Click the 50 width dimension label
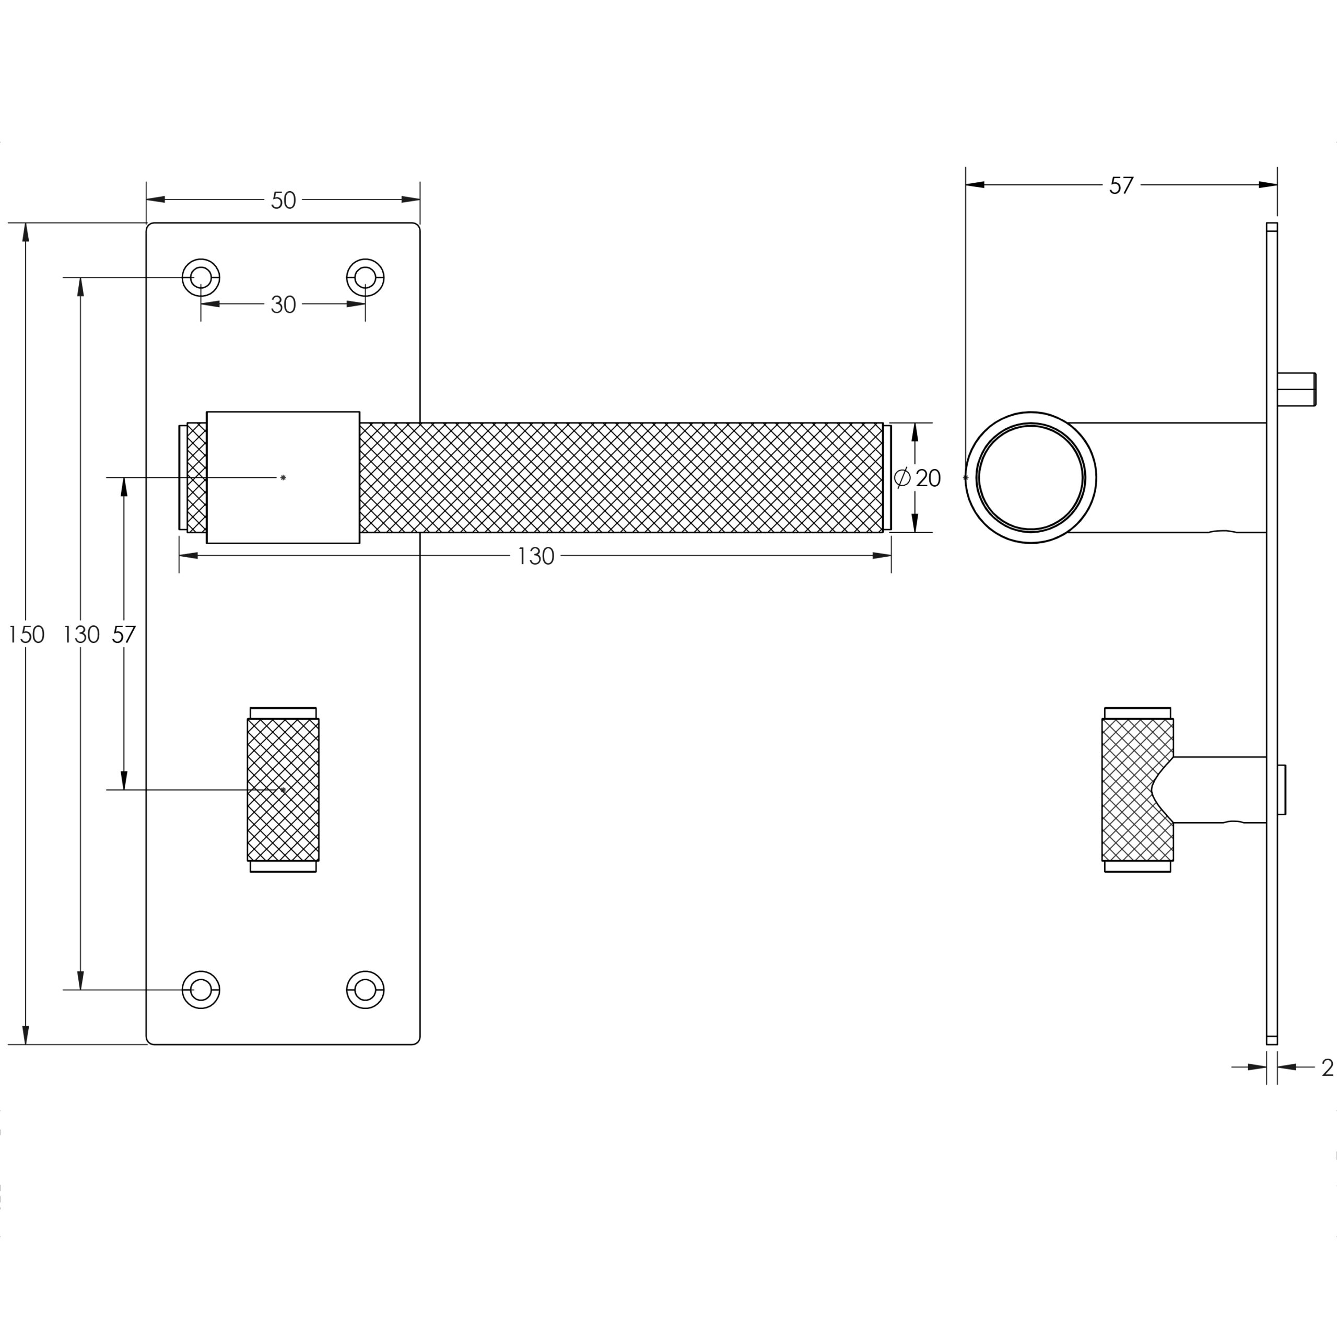[x=283, y=201]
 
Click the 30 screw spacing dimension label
[x=283, y=304]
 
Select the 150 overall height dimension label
[x=26, y=635]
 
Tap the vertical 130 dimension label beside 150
[x=81, y=635]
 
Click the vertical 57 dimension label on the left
[x=124, y=635]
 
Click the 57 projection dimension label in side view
[x=1121, y=185]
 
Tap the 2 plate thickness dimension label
[x=1327, y=1067]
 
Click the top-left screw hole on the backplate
[x=201, y=277]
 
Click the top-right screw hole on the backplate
[x=366, y=277]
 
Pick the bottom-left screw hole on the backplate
[x=201, y=990]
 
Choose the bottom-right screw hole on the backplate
[x=366, y=990]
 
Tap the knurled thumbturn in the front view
[x=283, y=790]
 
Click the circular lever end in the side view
[x=1030, y=477]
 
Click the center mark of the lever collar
[x=283, y=477]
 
